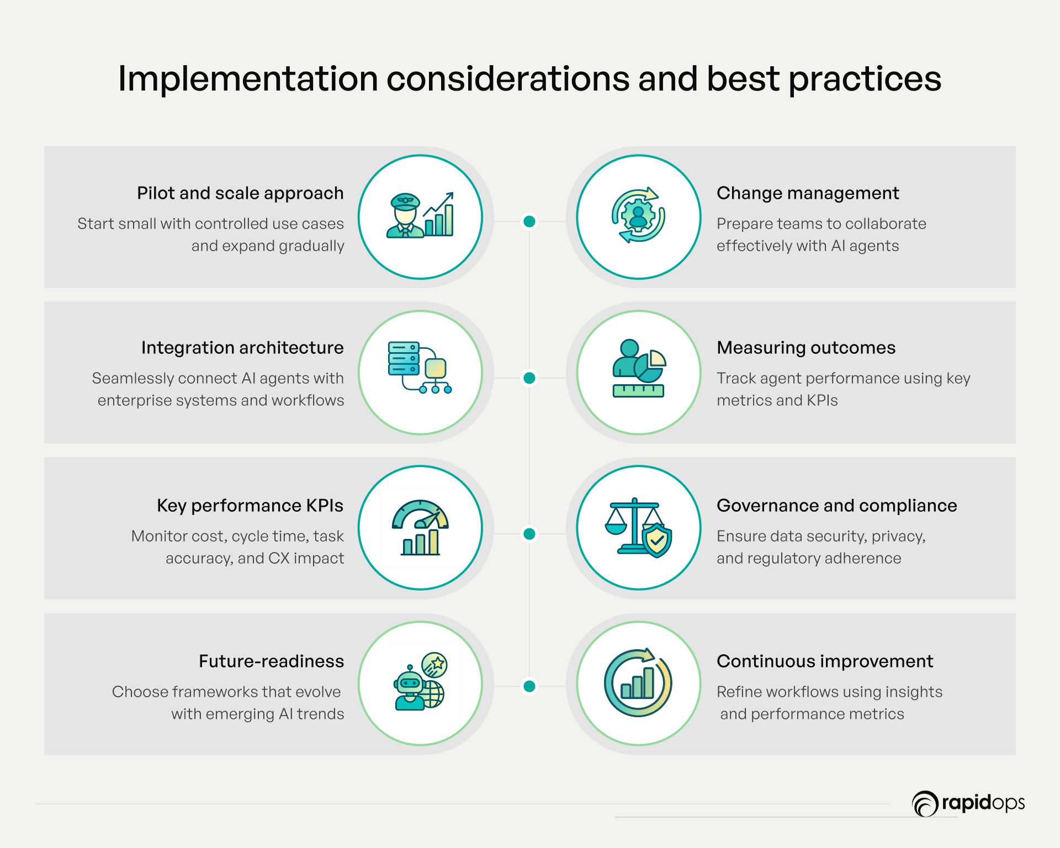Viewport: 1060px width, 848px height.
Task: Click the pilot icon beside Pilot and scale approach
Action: pos(405,216)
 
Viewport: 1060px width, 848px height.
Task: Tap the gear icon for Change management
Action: pos(638,215)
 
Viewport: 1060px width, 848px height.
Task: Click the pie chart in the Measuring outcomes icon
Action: pos(650,365)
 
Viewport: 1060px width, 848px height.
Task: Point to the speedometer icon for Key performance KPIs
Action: pos(420,527)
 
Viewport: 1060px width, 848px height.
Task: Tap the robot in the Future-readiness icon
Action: pos(410,687)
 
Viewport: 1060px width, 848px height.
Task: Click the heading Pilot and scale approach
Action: pos(240,193)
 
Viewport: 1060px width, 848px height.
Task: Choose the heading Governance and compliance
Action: pos(837,506)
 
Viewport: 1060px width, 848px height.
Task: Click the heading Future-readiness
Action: pos(271,661)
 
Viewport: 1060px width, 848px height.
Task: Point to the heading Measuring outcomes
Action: pos(806,348)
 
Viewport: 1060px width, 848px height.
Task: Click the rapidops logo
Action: pos(968,803)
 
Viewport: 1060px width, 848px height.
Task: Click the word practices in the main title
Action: pos(865,78)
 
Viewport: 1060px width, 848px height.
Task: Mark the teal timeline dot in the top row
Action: pos(529,221)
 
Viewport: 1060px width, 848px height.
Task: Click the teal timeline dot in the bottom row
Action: pos(529,686)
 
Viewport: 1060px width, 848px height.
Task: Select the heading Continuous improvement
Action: pos(825,661)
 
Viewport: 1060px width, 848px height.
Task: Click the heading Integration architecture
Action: pos(242,348)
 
